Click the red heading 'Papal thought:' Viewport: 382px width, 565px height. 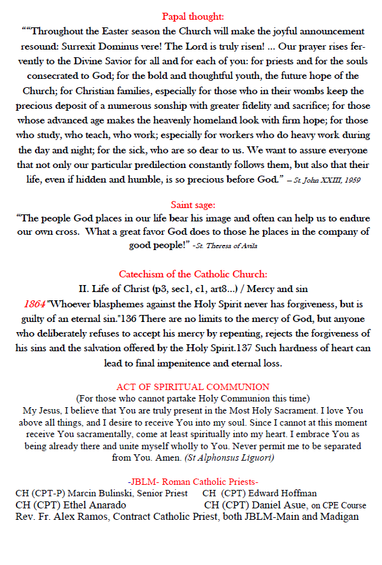(192, 17)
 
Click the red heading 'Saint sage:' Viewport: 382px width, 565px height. (192, 204)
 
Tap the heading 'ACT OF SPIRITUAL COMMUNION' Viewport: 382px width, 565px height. (193, 387)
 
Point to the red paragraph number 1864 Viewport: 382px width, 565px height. (36, 305)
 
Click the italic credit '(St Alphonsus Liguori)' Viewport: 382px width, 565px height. (230, 457)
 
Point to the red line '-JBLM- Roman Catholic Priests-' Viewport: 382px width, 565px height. (193, 482)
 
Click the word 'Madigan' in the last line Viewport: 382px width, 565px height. (339, 517)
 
